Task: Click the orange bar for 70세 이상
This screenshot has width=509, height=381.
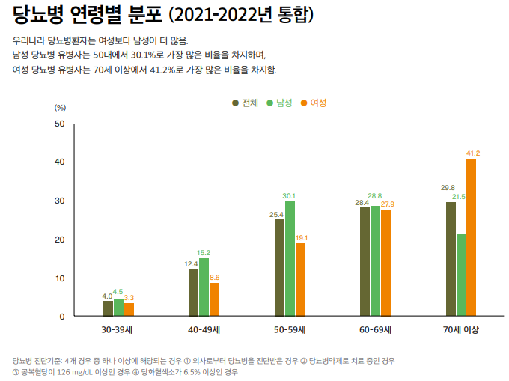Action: click(471, 237)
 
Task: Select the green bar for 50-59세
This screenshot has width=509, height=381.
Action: click(290, 258)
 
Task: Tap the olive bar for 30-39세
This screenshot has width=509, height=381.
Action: click(108, 308)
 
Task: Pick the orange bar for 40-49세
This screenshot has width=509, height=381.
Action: click(214, 299)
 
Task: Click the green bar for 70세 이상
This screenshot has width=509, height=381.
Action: click(461, 275)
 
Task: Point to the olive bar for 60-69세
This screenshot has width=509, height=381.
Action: click(365, 261)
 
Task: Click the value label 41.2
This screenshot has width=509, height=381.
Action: click(472, 153)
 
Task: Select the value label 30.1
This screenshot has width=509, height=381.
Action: click(289, 195)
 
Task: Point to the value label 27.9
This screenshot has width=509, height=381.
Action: click(387, 204)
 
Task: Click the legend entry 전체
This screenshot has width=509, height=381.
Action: click(245, 103)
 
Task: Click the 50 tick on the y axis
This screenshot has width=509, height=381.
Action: click(60, 124)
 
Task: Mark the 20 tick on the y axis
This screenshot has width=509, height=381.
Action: click(60, 240)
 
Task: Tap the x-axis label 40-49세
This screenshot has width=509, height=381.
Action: click(204, 329)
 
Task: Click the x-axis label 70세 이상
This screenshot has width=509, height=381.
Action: click(460, 329)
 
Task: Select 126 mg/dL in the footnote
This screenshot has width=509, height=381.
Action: click(79, 371)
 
